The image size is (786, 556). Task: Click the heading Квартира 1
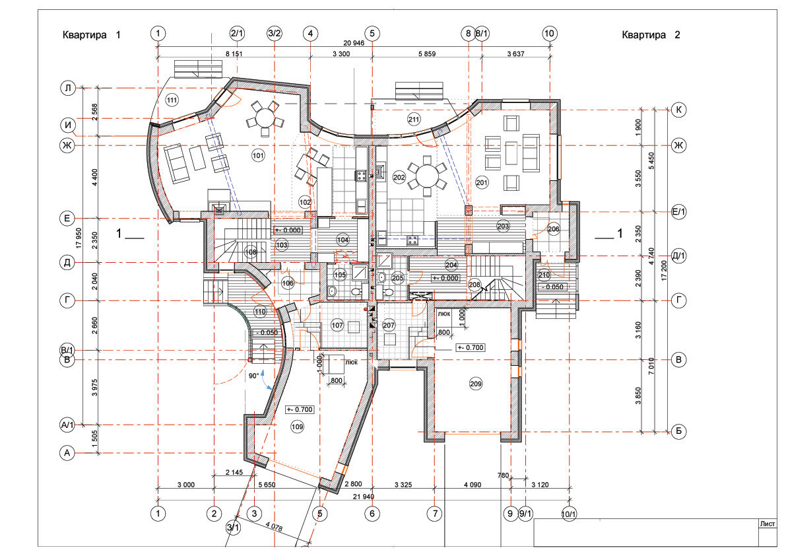coord(91,34)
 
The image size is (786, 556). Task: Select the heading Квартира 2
coord(651,34)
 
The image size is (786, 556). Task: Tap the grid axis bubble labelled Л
coord(68,88)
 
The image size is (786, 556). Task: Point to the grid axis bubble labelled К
coord(678,110)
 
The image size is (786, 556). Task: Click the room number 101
coord(258,155)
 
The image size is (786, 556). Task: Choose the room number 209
coord(476,384)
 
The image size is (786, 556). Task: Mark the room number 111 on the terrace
coord(172,100)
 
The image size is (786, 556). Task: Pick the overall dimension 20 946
coord(353,43)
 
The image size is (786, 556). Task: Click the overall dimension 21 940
coord(364,497)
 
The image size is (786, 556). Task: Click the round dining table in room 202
coord(427,176)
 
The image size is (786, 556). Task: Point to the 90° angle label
coord(253,375)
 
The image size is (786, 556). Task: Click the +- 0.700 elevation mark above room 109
coord(300,409)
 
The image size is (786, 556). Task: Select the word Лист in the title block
coord(768,524)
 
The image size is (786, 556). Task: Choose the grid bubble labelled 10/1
coord(569,514)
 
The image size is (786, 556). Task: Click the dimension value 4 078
coord(274,527)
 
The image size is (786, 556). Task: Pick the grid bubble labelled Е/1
coord(678,212)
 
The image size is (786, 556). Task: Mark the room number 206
coord(554,229)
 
